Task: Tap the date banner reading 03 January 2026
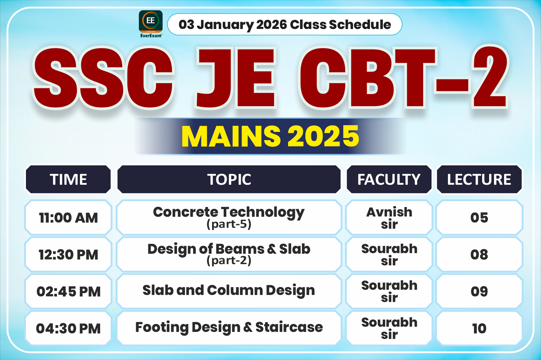pos(284,24)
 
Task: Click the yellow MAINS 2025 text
pos(270,136)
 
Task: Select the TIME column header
pos(68,179)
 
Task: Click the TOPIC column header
pos(229,179)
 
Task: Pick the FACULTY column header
pos(389,179)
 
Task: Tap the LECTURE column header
pos(479,179)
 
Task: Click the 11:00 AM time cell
pos(68,218)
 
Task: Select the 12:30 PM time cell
pos(68,255)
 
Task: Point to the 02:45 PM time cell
pos(68,291)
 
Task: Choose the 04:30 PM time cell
pos(68,328)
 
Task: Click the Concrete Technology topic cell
pos(229,217)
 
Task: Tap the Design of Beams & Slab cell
pos(229,254)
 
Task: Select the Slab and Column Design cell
pos(229,290)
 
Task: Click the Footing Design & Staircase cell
pos(229,327)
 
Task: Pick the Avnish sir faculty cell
pos(389,218)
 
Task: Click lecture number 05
pos(479,218)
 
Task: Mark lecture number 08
pos(479,255)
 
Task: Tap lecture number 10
pos(479,328)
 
